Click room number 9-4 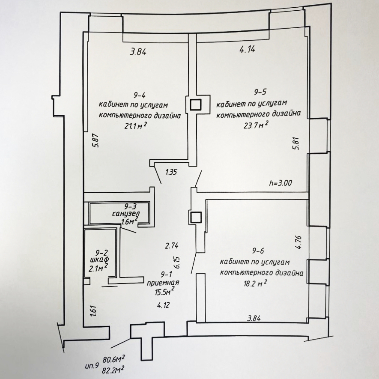tap(140, 95)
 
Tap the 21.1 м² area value tap(136, 126)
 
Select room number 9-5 tap(260, 92)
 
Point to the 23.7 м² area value tap(256, 125)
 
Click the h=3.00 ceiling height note tap(281, 183)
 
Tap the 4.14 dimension tap(247, 49)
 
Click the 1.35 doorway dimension tap(171, 172)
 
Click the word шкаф tap(99, 260)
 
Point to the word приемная tap(163, 283)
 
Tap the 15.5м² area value tap(165, 291)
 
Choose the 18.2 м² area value tap(255, 283)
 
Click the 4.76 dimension tap(299, 242)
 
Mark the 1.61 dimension tap(93, 311)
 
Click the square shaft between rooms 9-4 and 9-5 tap(195, 105)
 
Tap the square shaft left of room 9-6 tap(195, 217)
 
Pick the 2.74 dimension tap(172, 246)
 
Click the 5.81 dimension tap(297, 143)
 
